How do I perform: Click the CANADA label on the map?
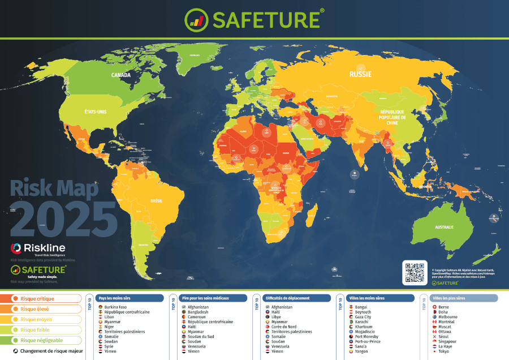[121, 75]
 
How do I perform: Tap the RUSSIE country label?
[360, 74]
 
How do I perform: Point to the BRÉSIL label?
[156, 200]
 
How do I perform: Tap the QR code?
[415, 272]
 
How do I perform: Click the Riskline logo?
[38, 248]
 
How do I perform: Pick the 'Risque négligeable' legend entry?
[41, 340]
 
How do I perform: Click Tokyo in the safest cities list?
[444, 352]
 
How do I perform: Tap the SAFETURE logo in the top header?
[255, 19]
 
